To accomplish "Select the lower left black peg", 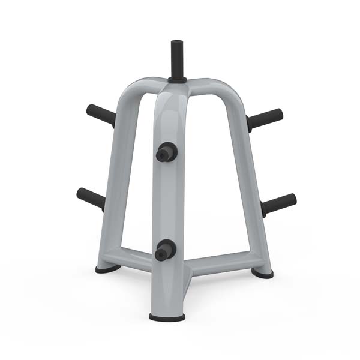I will coord(91,197).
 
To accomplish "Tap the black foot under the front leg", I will coord(167,317).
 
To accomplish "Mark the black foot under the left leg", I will coord(107,269).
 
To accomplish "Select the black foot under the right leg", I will coord(262,273).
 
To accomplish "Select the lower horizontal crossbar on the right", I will coord(219,262).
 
